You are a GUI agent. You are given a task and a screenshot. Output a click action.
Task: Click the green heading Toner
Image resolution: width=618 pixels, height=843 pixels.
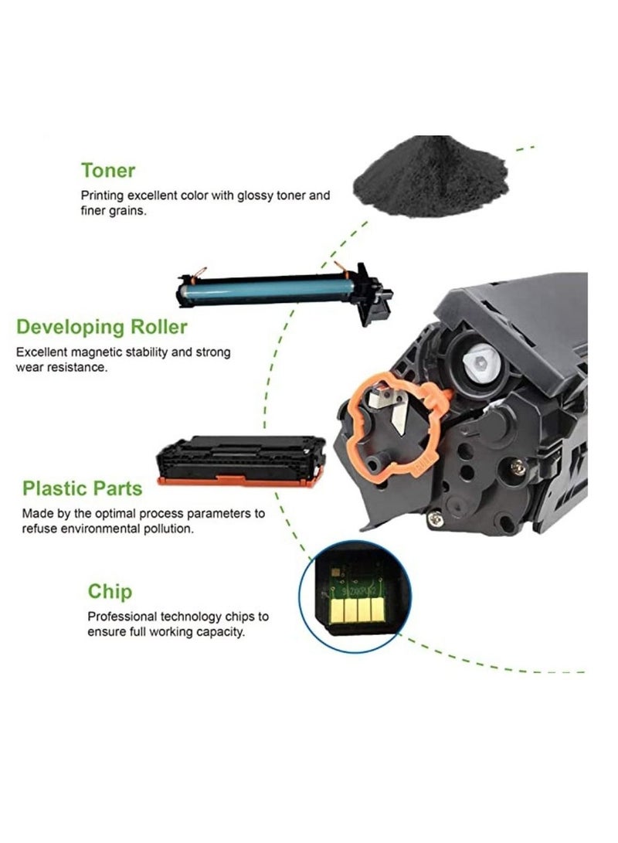pyautogui.click(x=108, y=170)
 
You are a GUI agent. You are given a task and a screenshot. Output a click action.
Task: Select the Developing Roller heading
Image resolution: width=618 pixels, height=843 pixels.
pyautogui.click(x=102, y=327)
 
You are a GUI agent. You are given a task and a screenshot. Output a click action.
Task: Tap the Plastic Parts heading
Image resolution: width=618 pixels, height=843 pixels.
pyautogui.click(x=82, y=488)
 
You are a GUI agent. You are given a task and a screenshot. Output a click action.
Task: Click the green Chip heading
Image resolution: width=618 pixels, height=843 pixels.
pyautogui.click(x=110, y=593)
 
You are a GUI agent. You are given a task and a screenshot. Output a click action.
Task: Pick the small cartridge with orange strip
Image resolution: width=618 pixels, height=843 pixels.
pyautogui.click(x=240, y=461)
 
